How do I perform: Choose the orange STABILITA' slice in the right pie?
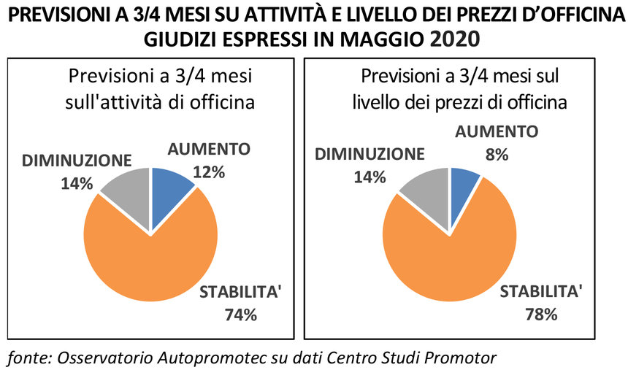453,255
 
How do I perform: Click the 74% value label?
241,315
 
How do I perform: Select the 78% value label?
540,315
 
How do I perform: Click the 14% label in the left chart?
76,183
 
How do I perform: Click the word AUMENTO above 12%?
210,150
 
